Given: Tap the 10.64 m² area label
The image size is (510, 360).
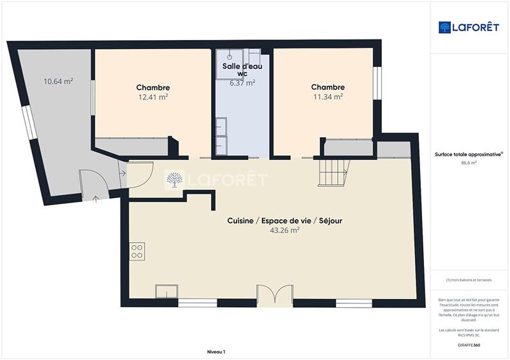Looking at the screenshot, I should coord(57,81).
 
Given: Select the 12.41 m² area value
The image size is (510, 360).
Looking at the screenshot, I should coord(153,97).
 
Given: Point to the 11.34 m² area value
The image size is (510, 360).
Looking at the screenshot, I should coord(328,97).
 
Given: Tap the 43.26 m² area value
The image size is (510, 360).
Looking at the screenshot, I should coord(285,231).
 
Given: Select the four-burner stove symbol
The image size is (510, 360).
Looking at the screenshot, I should coord(136,251).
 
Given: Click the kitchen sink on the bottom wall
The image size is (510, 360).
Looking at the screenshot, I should coord(167,291).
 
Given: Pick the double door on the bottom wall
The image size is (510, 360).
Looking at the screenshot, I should coord(275,296).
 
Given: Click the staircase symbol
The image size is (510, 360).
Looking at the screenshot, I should coord(334,171).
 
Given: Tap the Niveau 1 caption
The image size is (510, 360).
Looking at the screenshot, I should coord(216,352).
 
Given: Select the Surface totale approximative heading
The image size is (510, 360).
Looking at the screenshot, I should coord(468,154).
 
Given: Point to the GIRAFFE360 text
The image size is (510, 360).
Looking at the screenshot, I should coord(469,345).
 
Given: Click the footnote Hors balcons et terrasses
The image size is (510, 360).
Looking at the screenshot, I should coord(469,280).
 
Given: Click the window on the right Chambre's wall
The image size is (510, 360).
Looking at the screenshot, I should coord(377,83).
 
